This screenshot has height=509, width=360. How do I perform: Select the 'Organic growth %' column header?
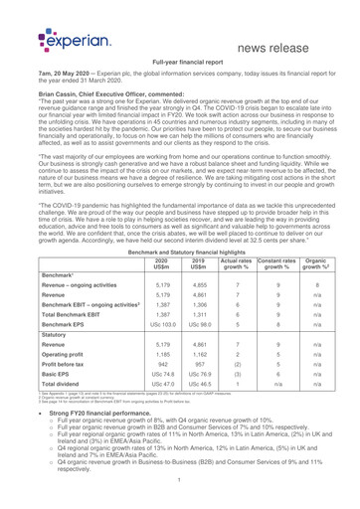318,264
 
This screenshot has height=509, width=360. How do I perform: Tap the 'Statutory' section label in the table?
52,365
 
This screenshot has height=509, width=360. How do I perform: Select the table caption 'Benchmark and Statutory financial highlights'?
179,253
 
